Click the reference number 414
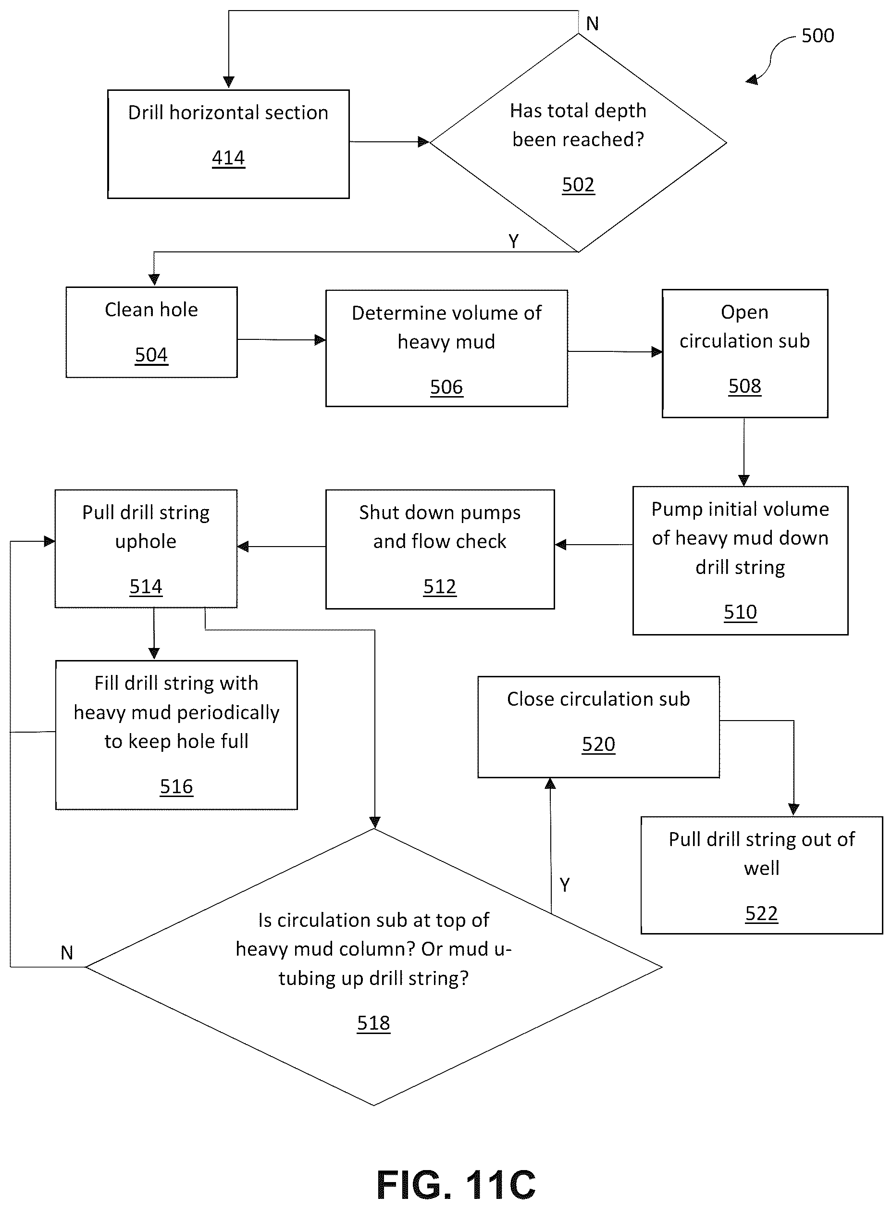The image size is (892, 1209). (x=228, y=158)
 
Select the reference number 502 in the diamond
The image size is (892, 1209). (x=578, y=185)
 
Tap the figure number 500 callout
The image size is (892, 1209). (x=818, y=36)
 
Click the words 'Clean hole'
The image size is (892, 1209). (x=151, y=310)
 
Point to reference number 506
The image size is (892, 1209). (x=446, y=386)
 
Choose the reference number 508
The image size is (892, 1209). (x=744, y=386)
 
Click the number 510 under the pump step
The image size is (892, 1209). (x=740, y=612)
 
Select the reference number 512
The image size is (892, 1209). (x=440, y=586)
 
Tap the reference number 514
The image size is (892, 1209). (x=146, y=586)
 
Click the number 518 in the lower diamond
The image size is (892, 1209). (x=373, y=1022)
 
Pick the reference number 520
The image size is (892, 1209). (x=598, y=744)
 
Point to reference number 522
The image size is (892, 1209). (x=761, y=913)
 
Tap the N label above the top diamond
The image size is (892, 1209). (x=592, y=24)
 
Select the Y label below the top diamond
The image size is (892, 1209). (x=513, y=241)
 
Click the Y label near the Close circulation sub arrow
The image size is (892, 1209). (x=565, y=885)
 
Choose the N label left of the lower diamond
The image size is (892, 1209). (x=67, y=952)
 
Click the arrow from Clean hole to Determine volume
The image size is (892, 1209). (x=281, y=340)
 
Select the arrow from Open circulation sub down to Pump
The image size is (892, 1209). (x=744, y=452)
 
